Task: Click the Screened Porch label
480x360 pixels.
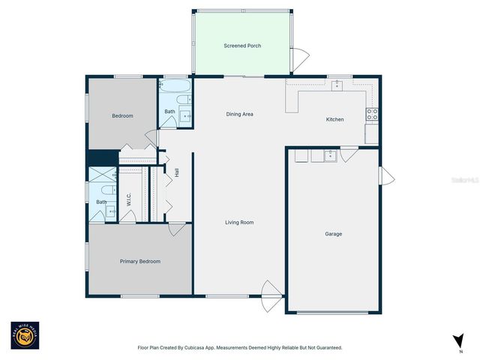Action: (x=241, y=46)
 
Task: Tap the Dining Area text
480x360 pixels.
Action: (x=240, y=114)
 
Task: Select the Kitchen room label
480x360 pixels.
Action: (x=334, y=120)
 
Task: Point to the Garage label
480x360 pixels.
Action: (x=333, y=234)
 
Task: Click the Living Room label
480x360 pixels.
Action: (x=240, y=222)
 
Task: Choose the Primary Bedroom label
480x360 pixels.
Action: (x=140, y=261)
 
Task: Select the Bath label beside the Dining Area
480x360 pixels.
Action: (x=170, y=112)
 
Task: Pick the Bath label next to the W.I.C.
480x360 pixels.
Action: (x=101, y=202)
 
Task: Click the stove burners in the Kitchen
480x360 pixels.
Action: (x=371, y=114)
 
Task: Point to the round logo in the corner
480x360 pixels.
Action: (x=24, y=336)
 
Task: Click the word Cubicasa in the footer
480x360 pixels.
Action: (x=198, y=347)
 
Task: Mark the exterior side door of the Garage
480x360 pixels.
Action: (x=386, y=176)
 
